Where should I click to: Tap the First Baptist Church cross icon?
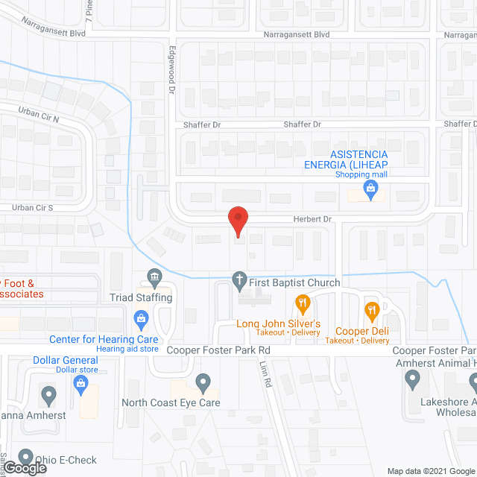coord(239,282)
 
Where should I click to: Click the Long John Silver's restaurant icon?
coord(302,303)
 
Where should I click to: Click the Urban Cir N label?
coord(38,115)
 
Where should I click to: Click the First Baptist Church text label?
coord(296,282)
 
